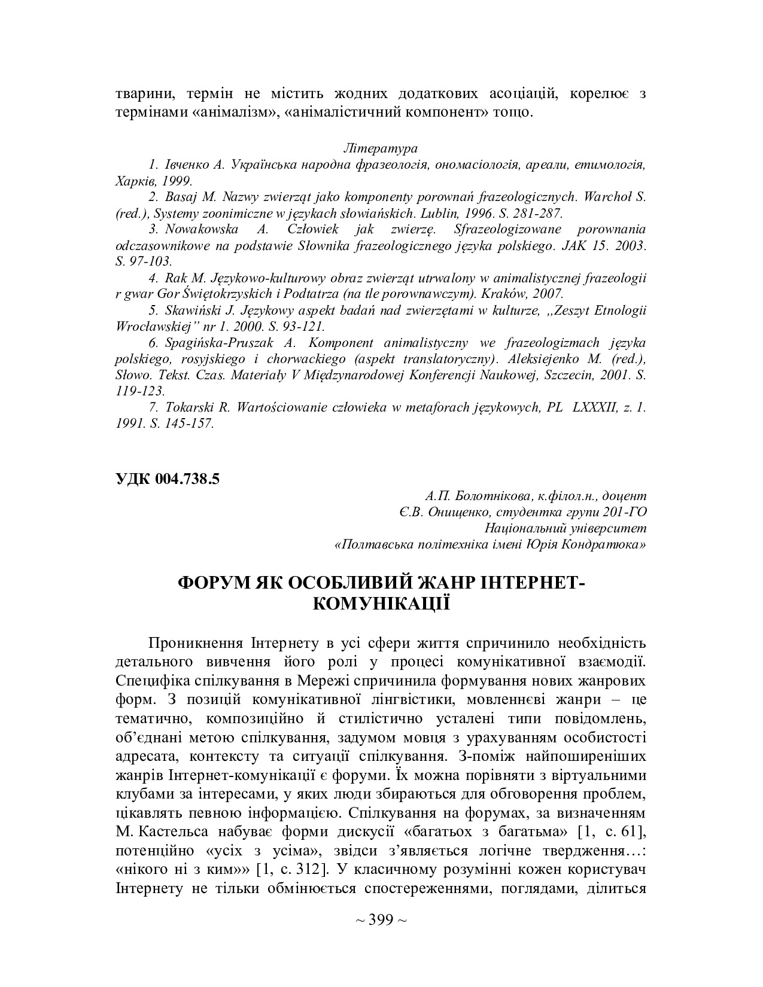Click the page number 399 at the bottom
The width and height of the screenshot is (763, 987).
tap(381, 919)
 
